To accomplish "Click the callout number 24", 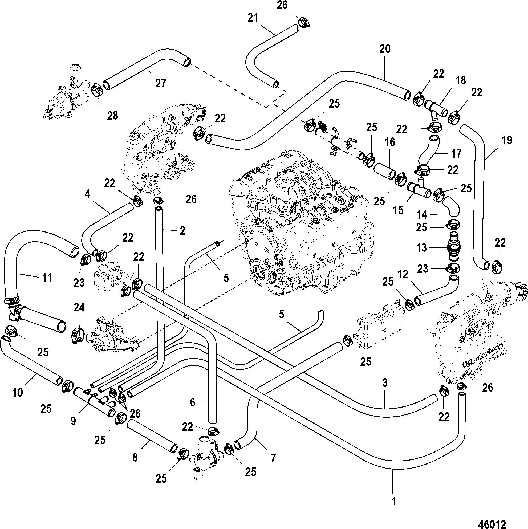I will [79, 307].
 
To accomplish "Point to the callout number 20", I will [385, 49].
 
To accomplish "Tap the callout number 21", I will [253, 18].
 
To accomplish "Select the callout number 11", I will [47, 278].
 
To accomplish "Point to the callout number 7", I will [273, 458].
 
